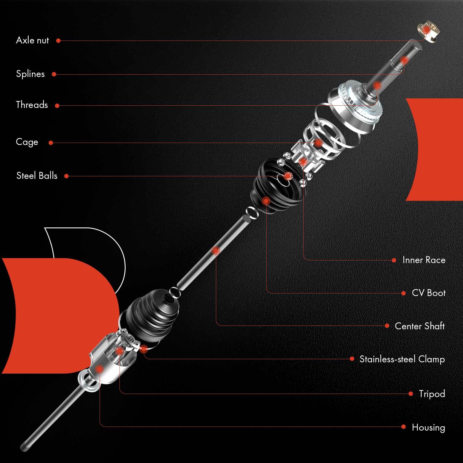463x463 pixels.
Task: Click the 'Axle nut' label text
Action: point(32,40)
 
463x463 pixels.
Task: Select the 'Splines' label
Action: point(30,74)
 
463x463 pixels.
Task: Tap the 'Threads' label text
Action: point(32,105)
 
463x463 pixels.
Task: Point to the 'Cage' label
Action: point(27,142)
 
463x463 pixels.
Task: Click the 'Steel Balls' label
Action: point(37,176)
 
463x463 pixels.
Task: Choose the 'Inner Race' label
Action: point(424,260)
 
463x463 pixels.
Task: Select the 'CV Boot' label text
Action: point(429,293)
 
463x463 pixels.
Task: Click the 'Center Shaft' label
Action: point(420,326)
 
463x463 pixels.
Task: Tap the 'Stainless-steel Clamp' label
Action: point(402,359)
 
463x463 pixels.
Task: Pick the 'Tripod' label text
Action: point(432,394)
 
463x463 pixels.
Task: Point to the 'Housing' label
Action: point(428,427)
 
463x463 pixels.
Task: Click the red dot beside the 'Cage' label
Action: point(51,143)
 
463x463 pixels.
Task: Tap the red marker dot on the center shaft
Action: point(216,251)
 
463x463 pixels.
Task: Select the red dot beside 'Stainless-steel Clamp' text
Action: point(352,359)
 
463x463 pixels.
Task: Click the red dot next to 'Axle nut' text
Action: point(58,41)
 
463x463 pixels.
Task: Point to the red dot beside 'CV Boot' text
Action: point(404,293)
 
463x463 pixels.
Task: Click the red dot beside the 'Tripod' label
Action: point(411,394)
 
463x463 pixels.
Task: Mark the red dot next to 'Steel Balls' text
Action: point(66,176)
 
